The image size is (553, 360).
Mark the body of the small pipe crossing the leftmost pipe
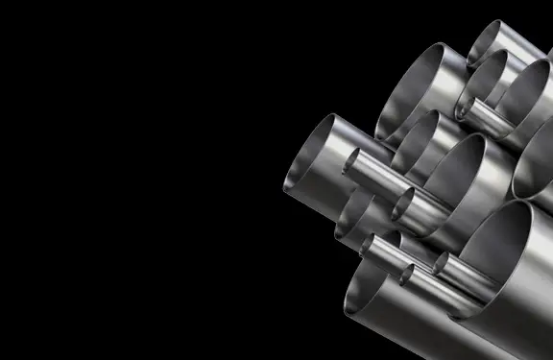(x=384, y=178)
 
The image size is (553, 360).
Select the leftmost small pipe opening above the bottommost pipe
(x=370, y=245)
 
